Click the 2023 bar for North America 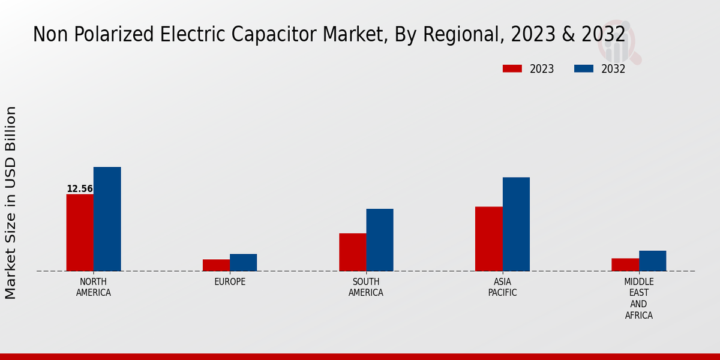[x=80, y=233]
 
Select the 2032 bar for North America [x=107, y=219]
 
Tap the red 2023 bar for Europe [x=216, y=265]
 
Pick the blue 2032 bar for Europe [x=243, y=262]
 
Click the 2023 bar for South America [x=352, y=252]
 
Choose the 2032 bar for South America [x=380, y=240]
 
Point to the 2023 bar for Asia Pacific [x=488, y=239]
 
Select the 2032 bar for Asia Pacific [x=516, y=224]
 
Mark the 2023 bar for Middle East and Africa [x=625, y=265]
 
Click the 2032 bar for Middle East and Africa [x=652, y=261]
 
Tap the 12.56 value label [x=80, y=189]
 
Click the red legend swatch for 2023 [x=512, y=68]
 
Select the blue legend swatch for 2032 [x=584, y=68]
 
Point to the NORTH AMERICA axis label [x=94, y=287]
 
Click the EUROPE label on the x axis [x=230, y=282]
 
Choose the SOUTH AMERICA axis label [x=366, y=287]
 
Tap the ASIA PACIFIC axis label [x=502, y=287]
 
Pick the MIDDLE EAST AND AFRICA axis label [x=639, y=299]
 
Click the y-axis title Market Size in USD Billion [x=11, y=203]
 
